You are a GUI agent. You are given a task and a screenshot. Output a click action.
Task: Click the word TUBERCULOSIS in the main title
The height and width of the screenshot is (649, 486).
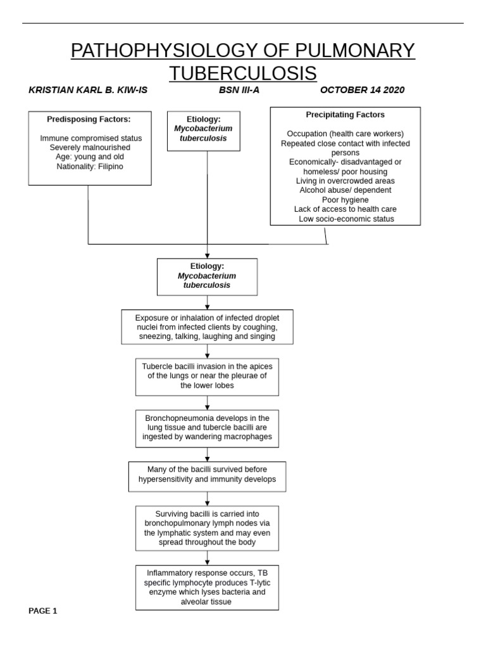(243, 73)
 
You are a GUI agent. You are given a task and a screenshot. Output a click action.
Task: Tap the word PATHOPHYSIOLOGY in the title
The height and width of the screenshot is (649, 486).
(149, 50)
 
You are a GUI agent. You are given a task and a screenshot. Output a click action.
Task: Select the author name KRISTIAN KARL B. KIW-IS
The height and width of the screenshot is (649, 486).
(88, 90)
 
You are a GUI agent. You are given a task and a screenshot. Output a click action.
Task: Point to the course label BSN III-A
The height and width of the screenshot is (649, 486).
(239, 90)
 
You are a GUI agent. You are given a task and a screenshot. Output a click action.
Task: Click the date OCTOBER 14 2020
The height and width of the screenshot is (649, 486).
(362, 90)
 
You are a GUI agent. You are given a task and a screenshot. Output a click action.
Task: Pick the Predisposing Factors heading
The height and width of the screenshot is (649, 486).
(89, 119)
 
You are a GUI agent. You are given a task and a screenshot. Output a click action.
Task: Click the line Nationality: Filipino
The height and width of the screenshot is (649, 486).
(90, 166)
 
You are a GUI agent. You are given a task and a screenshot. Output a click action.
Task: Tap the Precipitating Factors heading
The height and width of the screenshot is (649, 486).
(345, 115)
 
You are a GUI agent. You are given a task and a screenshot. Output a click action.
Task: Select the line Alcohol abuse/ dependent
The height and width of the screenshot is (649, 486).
(346, 190)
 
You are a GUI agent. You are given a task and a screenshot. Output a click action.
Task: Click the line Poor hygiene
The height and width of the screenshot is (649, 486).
(346, 200)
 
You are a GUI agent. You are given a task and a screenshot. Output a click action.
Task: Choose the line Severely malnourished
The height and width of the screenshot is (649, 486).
(90, 148)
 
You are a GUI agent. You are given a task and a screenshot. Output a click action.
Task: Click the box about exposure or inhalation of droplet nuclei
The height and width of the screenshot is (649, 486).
(208, 327)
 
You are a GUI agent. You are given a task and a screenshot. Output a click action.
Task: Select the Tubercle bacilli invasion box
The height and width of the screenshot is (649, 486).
(208, 376)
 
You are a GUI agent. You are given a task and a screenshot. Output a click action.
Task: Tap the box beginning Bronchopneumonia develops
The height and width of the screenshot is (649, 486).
(208, 428)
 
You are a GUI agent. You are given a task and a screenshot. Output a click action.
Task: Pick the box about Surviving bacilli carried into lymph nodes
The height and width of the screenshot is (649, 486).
(208, 528)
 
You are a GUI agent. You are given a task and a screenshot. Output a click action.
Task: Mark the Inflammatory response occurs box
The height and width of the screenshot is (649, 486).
(208, 588)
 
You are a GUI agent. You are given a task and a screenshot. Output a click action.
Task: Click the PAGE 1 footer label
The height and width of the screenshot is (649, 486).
(43, 611)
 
